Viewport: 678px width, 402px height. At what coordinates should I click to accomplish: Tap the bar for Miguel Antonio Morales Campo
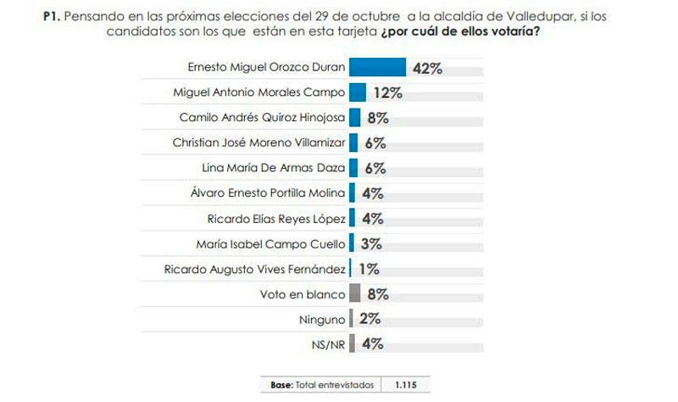357,92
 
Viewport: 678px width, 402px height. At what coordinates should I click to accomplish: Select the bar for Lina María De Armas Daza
353,169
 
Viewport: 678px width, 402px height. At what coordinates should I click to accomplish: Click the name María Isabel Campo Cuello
271,244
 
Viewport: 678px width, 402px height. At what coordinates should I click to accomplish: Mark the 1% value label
367,270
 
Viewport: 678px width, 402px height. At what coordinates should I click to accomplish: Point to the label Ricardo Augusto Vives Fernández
254,270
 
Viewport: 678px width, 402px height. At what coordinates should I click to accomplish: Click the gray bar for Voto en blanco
355,294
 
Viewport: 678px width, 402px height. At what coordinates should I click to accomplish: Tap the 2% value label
370,320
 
